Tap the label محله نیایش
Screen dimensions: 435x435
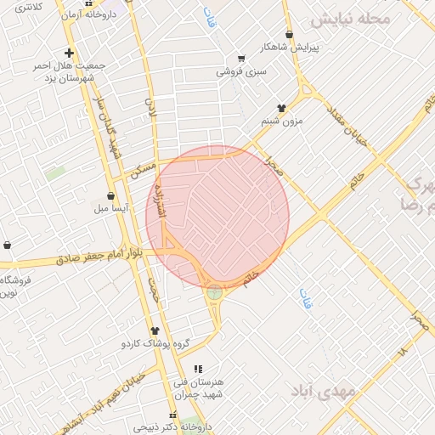point(350,19)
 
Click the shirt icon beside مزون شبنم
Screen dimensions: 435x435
point(281,108)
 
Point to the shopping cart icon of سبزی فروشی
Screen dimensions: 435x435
point(241,59)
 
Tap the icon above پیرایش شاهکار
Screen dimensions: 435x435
point(290,35)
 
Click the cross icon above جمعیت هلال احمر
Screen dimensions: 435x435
point(69,53)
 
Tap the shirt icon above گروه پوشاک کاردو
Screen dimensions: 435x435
point(155,331)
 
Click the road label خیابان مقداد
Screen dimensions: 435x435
point(348,123)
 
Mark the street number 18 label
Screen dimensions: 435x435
point(401,349)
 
